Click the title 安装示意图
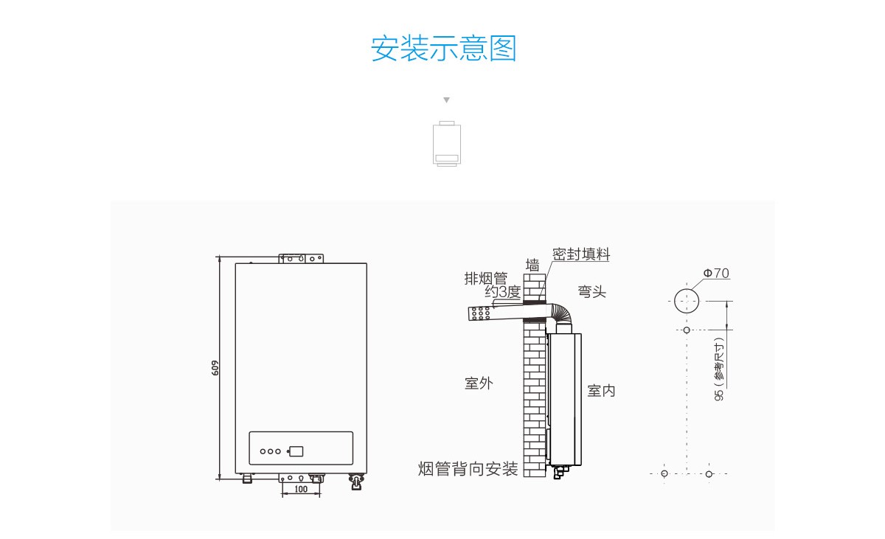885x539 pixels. click(443, 48)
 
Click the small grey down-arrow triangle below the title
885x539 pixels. click(446, 100)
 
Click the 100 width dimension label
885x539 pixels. click(301, 489)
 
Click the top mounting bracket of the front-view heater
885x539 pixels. click(301, 259)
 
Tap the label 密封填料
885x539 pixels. click(581, 254)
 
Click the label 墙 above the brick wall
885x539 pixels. click(532, 265)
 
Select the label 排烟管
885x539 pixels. click(485, 278)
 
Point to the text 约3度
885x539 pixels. click(503, 292)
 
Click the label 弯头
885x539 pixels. click(591, 292)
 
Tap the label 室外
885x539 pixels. click(479, 383)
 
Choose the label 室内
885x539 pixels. click(601, 391)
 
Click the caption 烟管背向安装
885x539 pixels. click(468, 469)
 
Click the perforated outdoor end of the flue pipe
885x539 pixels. click(480, 313)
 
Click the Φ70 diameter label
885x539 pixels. click(715, 274)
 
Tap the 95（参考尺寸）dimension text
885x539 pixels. click(719, 369)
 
